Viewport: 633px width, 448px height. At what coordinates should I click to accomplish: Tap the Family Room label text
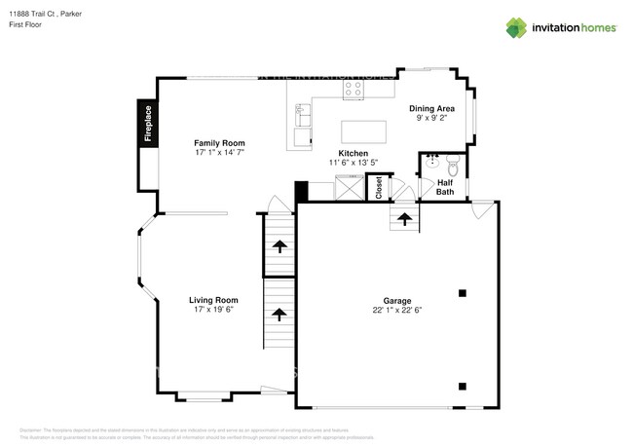pyautogui.click(x=220, y=143)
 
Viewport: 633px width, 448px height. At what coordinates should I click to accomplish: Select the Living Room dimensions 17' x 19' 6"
pyautogui.click(x=212, y=310)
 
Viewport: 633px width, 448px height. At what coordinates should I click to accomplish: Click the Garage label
pyautogui.click(x=396, y=301)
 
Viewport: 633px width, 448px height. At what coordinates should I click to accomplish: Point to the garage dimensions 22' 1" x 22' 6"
pyautogui.click(x=396, y=311)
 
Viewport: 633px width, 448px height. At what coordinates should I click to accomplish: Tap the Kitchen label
pyautogui.click(x=353, y=154)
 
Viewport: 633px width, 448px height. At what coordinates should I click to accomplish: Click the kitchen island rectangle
pyautogui.click(x=364, y=131)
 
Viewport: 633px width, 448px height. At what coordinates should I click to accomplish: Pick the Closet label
pyautogui.click(x=379, y=187)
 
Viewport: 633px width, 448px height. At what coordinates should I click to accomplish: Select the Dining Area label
pyautogui.click(x=431, y=108)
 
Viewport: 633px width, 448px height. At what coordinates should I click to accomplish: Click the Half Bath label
pyautogui.click(x=445, y=187)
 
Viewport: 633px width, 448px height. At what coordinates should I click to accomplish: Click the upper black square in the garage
pyautogui.click(x=464, y=292)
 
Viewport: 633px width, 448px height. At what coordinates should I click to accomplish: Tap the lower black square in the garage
pyautogui.click(x=464, y=384)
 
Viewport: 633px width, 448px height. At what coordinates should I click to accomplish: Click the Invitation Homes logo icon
pyautogui.click(x=516, y=28)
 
